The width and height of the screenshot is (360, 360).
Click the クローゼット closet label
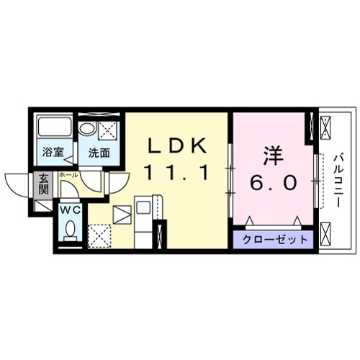point(274,239)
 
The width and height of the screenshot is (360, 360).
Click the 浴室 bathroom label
point(52,153)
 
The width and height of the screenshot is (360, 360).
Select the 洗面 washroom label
point(99,153)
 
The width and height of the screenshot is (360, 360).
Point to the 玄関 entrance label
point(43,186)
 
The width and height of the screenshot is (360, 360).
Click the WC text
point(70,210)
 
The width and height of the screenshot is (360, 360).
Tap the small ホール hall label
point(68,175)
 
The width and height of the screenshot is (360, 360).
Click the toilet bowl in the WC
point(70,230)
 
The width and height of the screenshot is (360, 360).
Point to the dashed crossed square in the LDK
point(98,235)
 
